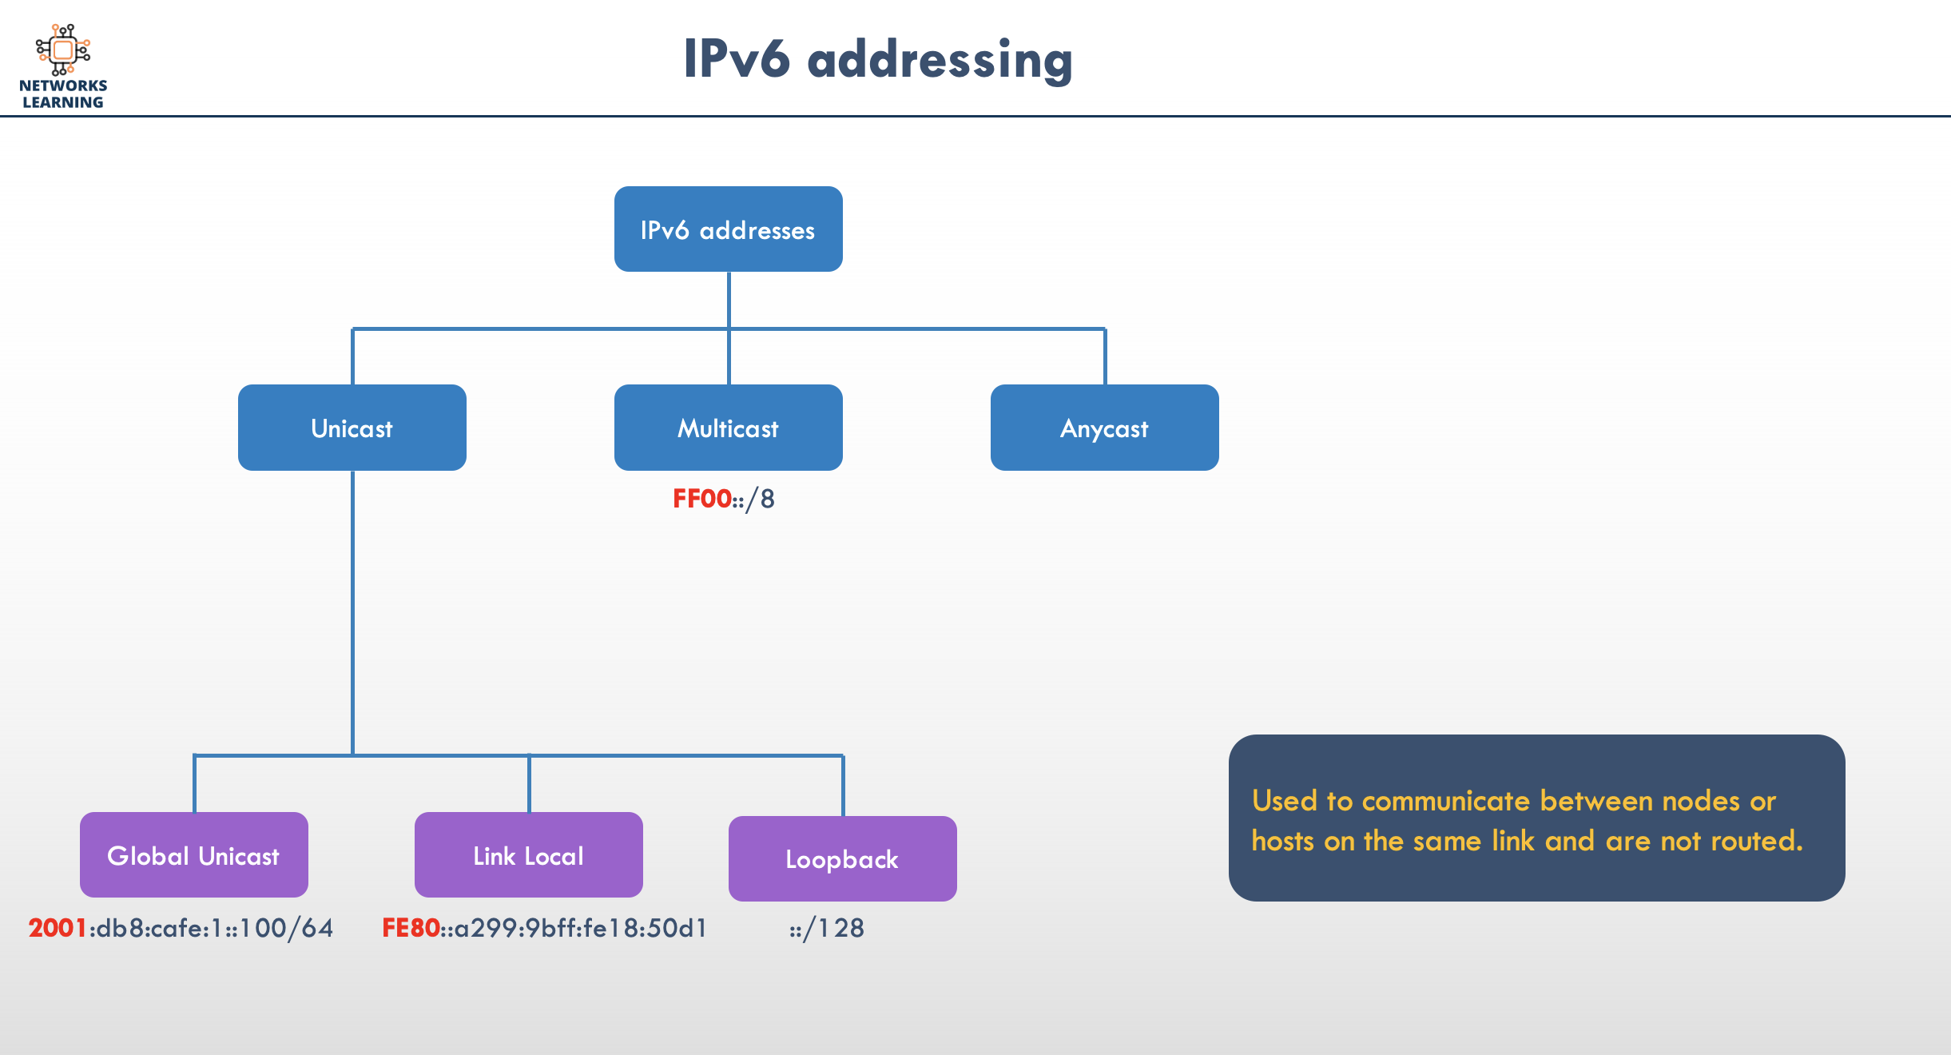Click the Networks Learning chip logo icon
pos(63,50)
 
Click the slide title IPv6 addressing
pos(877,59)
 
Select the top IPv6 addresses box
pos(728,229)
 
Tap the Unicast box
pos(352,428)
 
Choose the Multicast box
pos(728,428)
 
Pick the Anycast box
pos(1104,428)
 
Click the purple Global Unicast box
pos(193,855)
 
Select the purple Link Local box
pos(528,855)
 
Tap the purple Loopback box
pos(842,859)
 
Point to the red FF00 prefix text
pos(701,499)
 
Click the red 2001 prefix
pos(58,928)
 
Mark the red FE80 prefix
pos(411,928)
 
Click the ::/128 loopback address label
pos(827,928)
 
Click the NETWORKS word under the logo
pos(63,86)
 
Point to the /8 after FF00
pos(760,499)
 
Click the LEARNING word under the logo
pos(63,102)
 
